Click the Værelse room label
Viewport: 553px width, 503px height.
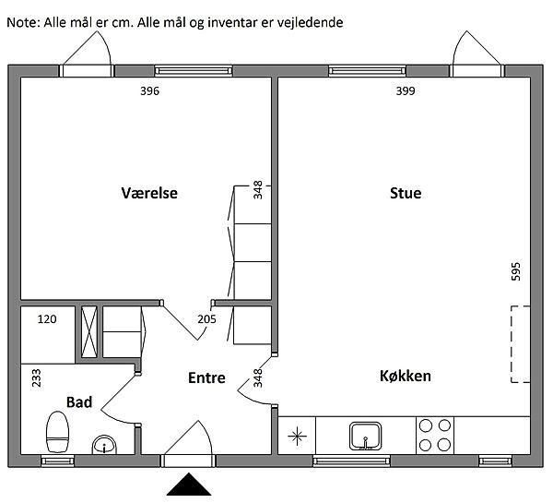pos(149,193)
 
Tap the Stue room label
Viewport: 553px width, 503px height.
pos(406,193)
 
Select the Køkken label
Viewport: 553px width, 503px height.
pos(406,376)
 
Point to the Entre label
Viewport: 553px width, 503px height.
pos(206,378)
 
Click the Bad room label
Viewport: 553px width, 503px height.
pos(79,402)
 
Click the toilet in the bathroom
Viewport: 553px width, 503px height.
pos(57,431)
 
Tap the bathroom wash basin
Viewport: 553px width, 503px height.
pos(104,445)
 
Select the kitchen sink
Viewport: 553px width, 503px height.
pos(366,436)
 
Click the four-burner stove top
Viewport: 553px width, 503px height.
pos(435,436)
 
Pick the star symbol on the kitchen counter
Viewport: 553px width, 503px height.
pos(297,436)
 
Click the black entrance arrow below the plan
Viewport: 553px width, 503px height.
pos(189,485)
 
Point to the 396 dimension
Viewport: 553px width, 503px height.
pos(150,91)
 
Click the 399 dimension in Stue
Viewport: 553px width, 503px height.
pos(406,91)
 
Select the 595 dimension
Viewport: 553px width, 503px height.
pos(515,271)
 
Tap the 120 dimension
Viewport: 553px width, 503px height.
pos(47,319)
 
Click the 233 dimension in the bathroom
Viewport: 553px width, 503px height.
pos(36,378)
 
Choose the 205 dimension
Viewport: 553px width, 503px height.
pos(206,319)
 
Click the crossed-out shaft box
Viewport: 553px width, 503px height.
pos(88,331)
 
